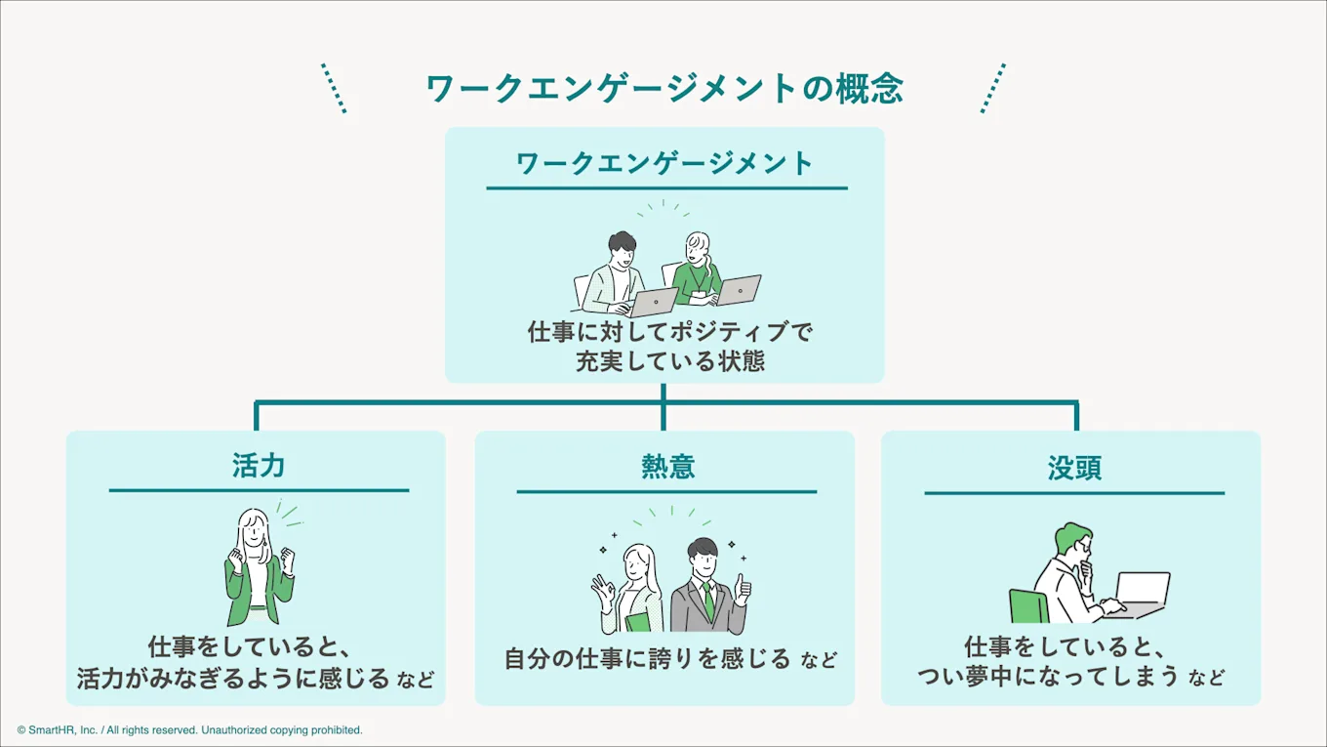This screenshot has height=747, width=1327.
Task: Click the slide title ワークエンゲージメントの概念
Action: [x=664, y=89]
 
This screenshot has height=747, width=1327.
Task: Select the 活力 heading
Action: [x=259, y=465]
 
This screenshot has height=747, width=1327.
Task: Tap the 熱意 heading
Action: [x=667, y=467]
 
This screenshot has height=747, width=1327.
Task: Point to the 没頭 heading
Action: [x=1074, y=468]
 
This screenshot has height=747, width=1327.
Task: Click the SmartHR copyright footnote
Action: [x=189, y=729]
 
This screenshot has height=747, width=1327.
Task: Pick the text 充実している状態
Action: [x=669, y=360]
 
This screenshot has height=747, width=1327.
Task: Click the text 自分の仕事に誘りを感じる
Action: [x=647, y=659]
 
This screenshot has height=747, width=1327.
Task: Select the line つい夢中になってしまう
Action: [x=1048, y=675]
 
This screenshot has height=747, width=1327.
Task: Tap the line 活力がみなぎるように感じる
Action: [x=233, y=678]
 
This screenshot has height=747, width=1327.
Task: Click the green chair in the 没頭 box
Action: [x=1027, y=606]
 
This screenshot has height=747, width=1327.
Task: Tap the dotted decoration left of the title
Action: [x=334, y=89]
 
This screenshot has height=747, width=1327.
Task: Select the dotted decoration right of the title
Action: [x=992, y=89]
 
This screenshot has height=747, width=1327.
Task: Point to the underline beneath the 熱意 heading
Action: [x=666, y=491]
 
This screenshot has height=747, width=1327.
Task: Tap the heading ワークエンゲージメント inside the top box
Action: [x=664, y=163]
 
